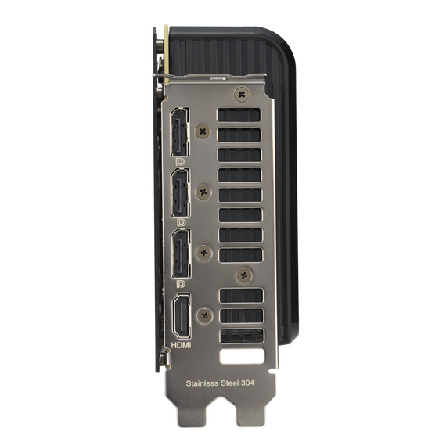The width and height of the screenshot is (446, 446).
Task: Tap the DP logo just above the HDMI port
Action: click(181, 282)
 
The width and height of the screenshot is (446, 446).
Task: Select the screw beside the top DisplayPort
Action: click(204, 130)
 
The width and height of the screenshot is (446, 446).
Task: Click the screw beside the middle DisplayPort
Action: click(204, 189)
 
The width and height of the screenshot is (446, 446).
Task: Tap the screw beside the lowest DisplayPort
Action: click(204, 253)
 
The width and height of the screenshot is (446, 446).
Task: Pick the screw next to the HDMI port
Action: click(205, 315)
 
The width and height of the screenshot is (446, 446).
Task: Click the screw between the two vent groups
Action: click(245, 274)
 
